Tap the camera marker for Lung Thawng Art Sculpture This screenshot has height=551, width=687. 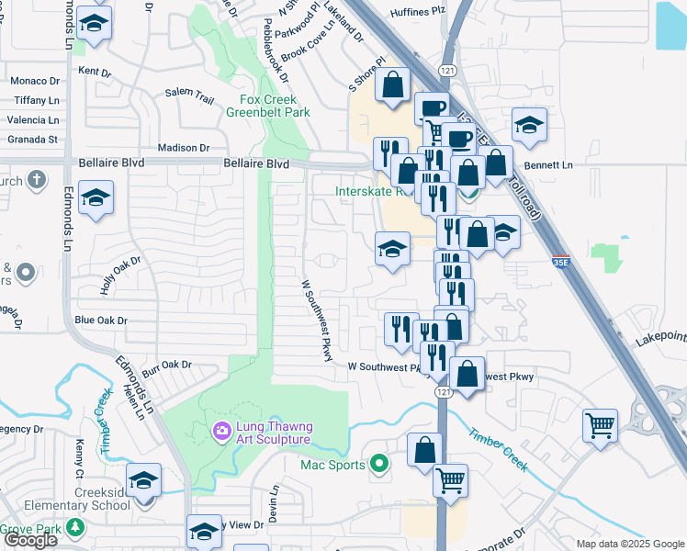tap(221, 430)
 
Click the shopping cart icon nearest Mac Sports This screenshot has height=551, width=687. tap(450, 479)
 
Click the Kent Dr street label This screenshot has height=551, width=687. tap(95, 71)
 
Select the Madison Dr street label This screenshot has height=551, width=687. tap(184, 148)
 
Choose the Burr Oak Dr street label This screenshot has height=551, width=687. tap(165, 365)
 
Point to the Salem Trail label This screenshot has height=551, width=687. tap(189, 93)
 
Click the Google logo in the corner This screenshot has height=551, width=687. tap(30, 540)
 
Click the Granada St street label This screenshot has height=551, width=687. tap(34, 140)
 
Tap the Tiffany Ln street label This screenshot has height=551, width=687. tap(36, 101)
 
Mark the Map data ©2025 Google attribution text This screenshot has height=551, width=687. tap(629, 544)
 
